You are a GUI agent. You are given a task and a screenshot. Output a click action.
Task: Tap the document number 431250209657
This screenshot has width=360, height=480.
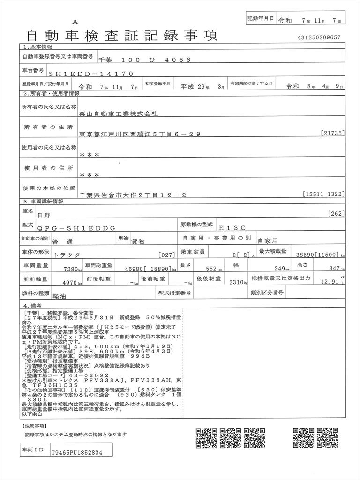(319, 37)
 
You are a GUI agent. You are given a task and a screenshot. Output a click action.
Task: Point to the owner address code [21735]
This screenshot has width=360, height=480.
(333, 134)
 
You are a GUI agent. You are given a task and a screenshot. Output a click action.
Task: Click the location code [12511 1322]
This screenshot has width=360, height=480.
(324, 194)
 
